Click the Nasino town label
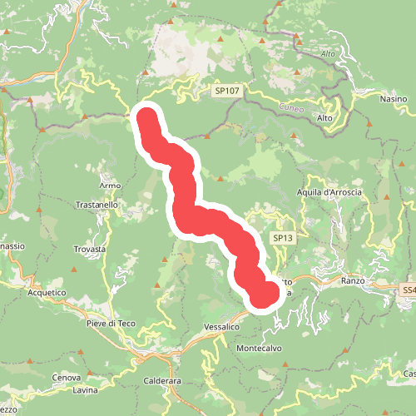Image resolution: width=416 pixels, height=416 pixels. point(394,99)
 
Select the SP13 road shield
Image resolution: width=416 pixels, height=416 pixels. point(282,238)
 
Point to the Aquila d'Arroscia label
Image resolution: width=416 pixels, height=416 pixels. point(329,193)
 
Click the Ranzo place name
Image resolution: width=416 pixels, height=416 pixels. point(354,281)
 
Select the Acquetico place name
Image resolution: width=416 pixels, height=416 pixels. point(46,293)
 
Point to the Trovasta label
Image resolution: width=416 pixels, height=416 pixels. point(89,250)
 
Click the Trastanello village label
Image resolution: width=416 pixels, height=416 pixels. point(98,205)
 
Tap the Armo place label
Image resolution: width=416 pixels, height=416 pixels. point(110,185)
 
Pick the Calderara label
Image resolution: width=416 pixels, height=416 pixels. point(162,381)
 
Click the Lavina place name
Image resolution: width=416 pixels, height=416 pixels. point(85,390)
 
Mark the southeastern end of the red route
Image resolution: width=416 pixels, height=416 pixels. point(265,295)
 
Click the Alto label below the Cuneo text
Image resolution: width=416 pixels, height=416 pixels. point(324,118)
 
